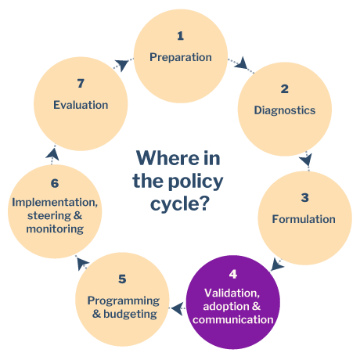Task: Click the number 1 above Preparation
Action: point(180,36)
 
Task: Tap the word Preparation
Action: point(181,57)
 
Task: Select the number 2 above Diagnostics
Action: point(285,89)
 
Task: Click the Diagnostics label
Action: point(285,110)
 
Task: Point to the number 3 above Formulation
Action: point(305,198)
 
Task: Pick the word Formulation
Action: point(304,219)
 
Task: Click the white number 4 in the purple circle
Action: point(233,274)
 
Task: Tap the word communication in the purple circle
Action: point(233,319)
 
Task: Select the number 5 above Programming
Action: point(122,279)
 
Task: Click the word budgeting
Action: point(130,314)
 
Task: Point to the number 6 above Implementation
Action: point(55,183)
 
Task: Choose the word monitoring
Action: point(55,229)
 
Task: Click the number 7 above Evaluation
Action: point(81,84)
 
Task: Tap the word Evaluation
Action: point(81,105)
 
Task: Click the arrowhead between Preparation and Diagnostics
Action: point(242,63)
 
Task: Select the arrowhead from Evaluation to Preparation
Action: point(121,64)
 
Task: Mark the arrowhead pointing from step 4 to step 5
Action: point(178,309)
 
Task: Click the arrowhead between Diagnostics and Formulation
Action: point(306,160)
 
